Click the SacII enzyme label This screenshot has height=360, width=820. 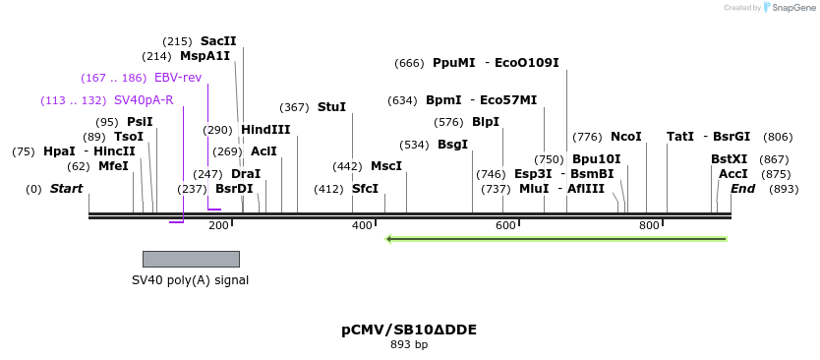pyautogui.click(x=218, y=41)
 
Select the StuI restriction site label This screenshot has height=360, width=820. pyautogui.click(x=331, y=107)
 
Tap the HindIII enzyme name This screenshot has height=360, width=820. pyautogui.click(x=265, y=130)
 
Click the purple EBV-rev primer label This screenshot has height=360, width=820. pyautogui.click(x=178, y=78)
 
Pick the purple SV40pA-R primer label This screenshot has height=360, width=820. pyautogui.click(x=144, y=100)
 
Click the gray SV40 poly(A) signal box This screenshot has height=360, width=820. pyautogui.click(x=191, y=259)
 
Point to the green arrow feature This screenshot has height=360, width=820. pyautogui.click(x=556, y=238)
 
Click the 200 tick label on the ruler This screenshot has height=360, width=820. pyautogui.click(x=218, y=226)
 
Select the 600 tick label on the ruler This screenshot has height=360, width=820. pyautogui.click(x=505, y=226)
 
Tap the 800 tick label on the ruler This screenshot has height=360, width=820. pyautogui.click(x=649, y=226)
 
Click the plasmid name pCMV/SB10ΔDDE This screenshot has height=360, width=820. pyautogui.click(x=409, y=330)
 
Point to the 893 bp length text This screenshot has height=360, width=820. pyautogui.click(x=409, y=345)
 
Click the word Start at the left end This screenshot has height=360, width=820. pyautogui.click(x=67, y=189)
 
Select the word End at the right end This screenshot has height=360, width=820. pyautogui.click(x=743, y=189)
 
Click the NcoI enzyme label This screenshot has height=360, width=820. pyautogui.click(x=625, y=137)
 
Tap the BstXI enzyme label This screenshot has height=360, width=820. pyautogui.click(x=730, y=159)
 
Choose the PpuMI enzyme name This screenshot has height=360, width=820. pyautogui.click(x=453, y=63)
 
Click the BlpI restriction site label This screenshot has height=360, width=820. pyautogui.click(x=486, y=122)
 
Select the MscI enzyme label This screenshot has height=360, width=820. pyautogui.click(x=386, y=166)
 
